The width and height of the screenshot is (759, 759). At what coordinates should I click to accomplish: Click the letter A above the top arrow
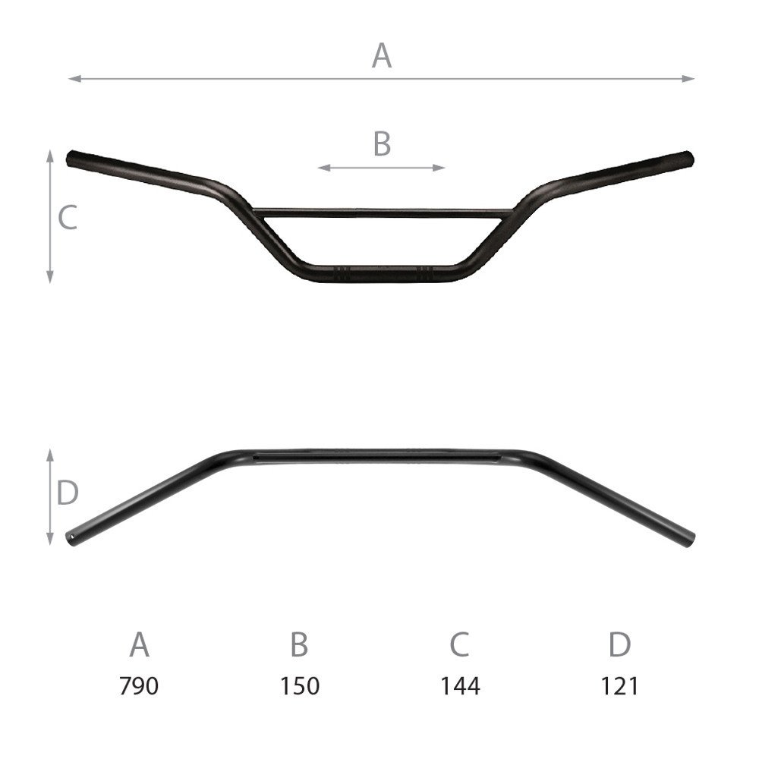point(381,55)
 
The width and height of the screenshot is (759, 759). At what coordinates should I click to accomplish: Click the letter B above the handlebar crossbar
point(382,143)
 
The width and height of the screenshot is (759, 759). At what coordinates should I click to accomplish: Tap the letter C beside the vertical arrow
point(68,218)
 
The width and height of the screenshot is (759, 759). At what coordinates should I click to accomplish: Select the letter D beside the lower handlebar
point(68,493)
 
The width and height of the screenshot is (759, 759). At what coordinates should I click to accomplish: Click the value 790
point(139,686)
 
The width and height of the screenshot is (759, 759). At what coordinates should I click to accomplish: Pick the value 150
point(299,686)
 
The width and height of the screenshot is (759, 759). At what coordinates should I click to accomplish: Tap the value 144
point(460,686)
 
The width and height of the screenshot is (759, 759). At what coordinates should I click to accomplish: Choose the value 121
point(619,686)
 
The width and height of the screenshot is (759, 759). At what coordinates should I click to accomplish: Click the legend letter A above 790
point(139,644)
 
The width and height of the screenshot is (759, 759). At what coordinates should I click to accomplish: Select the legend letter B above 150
point(299,644)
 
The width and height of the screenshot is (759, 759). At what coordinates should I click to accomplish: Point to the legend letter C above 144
point(459,644)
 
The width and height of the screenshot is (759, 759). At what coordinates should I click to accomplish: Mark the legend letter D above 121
point(619,644)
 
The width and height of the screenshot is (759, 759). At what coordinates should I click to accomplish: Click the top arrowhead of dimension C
point(50,154)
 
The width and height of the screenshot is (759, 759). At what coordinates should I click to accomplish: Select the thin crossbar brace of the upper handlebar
point(379,213)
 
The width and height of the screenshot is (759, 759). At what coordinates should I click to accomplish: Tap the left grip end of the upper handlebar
point(73,159)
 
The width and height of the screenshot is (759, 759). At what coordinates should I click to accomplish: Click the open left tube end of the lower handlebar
point(73,537)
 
